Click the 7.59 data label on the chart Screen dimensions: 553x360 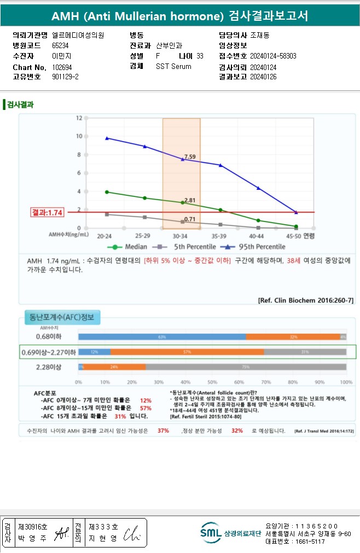click(x=190, y=157)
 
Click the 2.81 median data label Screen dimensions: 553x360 click(x=190, y=200)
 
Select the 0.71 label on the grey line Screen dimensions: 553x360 click(x=190, y=219)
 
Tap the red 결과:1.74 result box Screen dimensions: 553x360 click(x=48, y=212)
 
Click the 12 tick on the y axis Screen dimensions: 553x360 click(x=79, y=118)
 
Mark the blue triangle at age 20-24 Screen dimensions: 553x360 click(x=107, y=138)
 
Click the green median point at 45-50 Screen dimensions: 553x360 click(x=296, y=226)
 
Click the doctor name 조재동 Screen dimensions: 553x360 click(x=260, y=35)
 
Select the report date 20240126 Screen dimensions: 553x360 click(x=263, y=77)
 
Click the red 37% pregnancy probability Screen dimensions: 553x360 click(x=163, y=431)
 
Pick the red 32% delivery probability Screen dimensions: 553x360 click(x=237, y=431)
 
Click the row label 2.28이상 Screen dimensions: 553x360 click(x=48, y=366)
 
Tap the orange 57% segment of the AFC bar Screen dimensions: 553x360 click(x=187, y=352)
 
